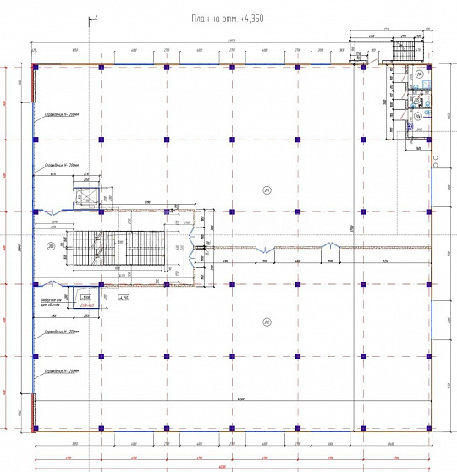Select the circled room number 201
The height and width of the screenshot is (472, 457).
266,189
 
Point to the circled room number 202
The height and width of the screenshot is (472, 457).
266,321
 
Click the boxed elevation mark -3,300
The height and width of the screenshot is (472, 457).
85,298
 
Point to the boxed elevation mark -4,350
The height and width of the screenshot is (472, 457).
123,298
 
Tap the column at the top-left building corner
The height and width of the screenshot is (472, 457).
35,66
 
